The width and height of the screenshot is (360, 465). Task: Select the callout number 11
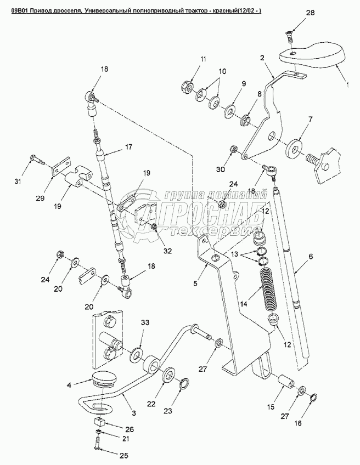(188, 59)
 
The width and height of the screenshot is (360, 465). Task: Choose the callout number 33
(145, 322)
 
